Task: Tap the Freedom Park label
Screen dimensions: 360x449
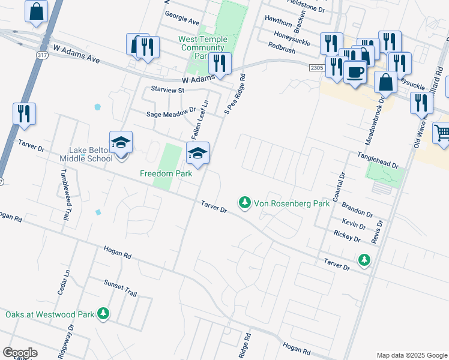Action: (x=166, y=173)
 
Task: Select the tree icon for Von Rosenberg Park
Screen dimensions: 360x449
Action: (x=244, y=203)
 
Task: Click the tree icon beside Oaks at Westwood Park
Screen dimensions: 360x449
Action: (x=104, y=313)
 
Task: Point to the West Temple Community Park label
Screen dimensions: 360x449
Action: (x=202, y=47)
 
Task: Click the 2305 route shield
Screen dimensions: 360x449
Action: (x=317, y=68)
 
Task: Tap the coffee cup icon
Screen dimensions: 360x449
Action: (x=355, y=72)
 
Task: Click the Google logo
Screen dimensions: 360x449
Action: (x=20, y=353)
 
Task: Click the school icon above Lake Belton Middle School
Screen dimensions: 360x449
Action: (x=121, y=143)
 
